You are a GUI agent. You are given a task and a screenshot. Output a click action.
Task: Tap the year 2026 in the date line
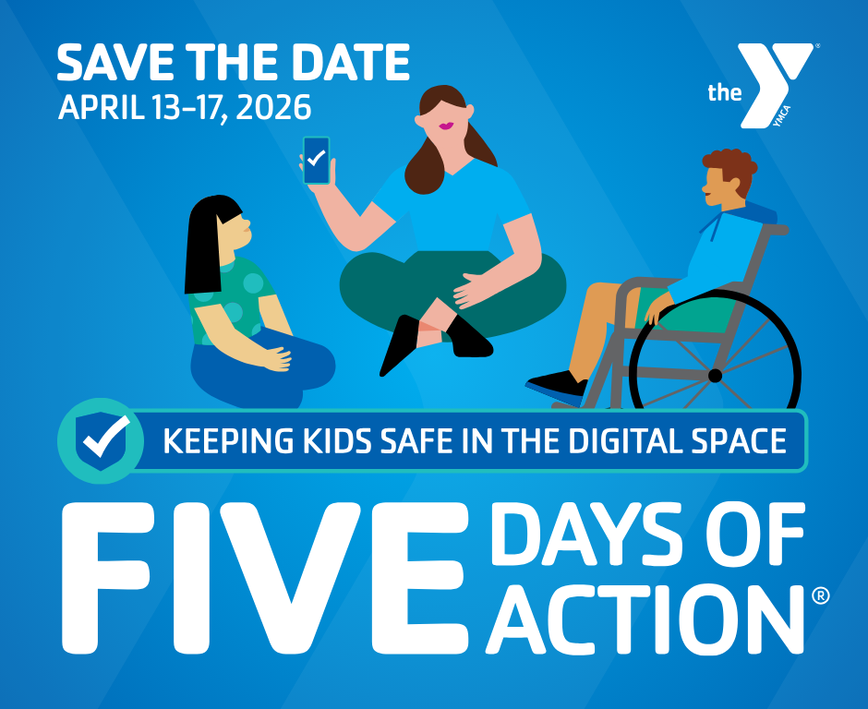click(x=273, y=107)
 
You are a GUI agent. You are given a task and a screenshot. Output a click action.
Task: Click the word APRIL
click(x=101, y=107)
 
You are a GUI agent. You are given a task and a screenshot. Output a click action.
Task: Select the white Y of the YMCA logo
click(x=775, y=83)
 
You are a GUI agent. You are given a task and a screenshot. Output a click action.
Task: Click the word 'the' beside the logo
click(x=724, y=92)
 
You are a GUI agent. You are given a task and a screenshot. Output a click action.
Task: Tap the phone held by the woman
click(x=316, y=160)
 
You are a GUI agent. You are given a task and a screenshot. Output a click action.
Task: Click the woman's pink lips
click(x=446, y=126)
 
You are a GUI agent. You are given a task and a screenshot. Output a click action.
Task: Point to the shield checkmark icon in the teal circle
click(x=102, y=440)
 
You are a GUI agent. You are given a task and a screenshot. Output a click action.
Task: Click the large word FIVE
click(x=265, y=578)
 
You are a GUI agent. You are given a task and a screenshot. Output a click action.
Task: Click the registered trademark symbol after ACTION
click(x=820, y=595)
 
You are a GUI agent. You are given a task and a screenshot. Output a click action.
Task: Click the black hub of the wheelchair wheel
click(x=715, y=376)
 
